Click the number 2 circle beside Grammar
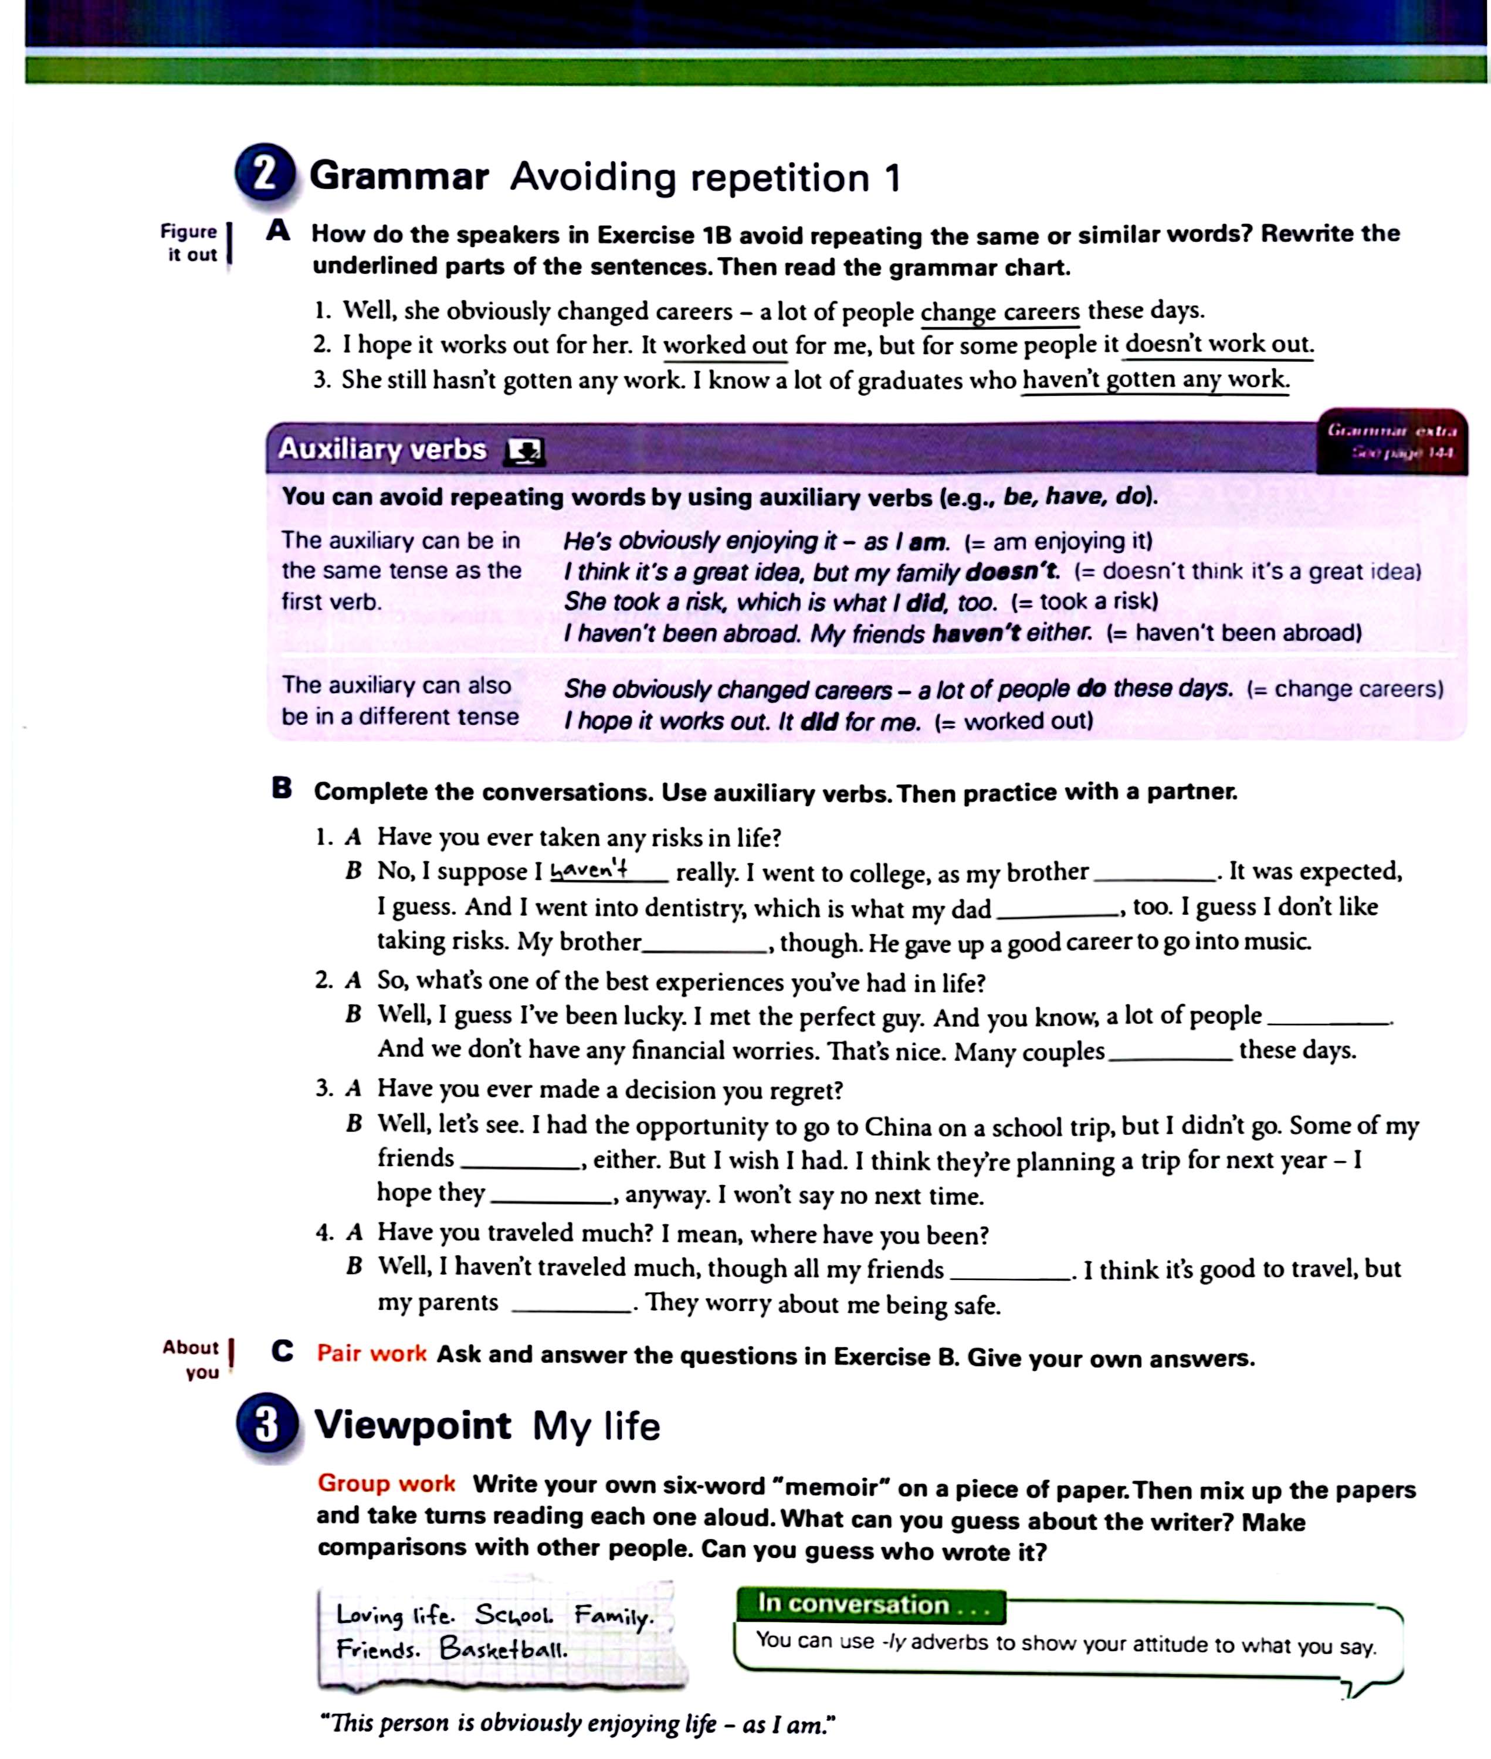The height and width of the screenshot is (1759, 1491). click(265, 172)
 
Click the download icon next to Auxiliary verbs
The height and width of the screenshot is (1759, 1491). click(524, 452)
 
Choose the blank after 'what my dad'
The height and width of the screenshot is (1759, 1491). click(1058, 910)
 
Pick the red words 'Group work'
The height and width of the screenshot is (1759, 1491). click(387, 1483)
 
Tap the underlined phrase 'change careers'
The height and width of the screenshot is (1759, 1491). click(1000, 312)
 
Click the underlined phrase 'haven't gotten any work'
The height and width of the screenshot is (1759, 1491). click(1155, 380)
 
